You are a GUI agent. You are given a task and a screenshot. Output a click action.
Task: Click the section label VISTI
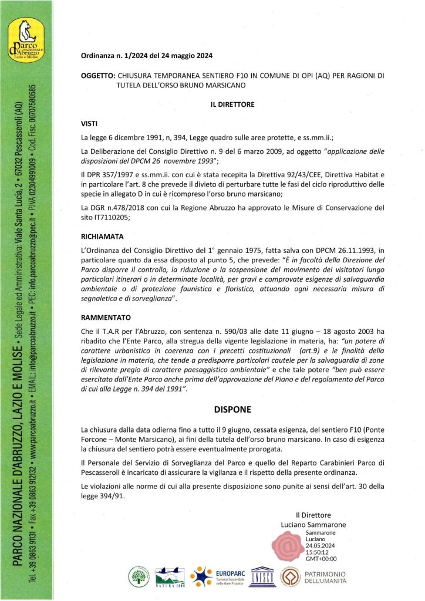coord(90,124)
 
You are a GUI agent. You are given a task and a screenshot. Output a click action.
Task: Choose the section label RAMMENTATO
coord(105,316)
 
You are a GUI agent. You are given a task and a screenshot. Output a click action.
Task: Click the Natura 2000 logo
coord(170,578)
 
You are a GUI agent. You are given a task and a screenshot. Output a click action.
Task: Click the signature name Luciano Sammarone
coord(313,524)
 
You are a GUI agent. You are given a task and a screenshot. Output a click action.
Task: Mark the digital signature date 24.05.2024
coord(321,545)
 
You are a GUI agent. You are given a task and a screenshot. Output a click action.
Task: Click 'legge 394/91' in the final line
coord(102,495)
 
